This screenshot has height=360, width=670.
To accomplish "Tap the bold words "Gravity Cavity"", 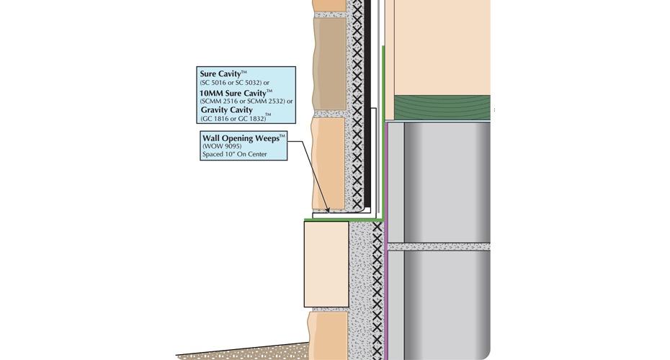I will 227,110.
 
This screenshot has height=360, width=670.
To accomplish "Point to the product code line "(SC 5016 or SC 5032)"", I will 234,83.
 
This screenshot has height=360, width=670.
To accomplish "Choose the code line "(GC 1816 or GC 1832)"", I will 232,118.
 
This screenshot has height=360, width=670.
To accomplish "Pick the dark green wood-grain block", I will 437,106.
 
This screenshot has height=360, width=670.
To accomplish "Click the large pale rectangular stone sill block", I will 326,264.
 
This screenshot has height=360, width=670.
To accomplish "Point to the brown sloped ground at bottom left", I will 238,351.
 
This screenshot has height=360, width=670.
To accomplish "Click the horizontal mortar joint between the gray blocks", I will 439,246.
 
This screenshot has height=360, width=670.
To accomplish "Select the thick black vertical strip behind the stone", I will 368,108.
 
